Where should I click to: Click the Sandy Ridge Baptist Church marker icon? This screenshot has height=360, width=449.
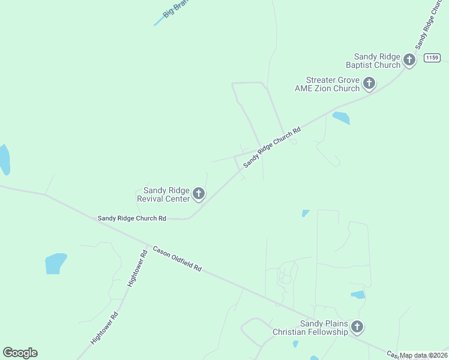(x=409, y=59)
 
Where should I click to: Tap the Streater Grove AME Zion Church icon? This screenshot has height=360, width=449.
(x=369, y=83)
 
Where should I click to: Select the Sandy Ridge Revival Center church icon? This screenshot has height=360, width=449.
(x=199, y=193)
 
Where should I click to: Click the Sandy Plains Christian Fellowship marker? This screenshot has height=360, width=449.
(x=357, y=327)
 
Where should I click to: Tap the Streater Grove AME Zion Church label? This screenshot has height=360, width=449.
(x=327, y=84)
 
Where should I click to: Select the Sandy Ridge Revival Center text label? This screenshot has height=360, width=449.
(x=163, y=194)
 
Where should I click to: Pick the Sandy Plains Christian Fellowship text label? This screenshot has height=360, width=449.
(x=310, y=328)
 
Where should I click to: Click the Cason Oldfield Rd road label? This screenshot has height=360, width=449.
(x=176, y=257)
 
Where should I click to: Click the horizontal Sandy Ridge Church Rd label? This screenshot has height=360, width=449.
(x=131, y=218)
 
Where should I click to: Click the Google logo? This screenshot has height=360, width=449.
(x=20, y=353)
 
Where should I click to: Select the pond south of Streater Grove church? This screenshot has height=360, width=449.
(x=341, y=118)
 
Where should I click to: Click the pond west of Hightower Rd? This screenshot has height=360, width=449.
(x=55, y=263)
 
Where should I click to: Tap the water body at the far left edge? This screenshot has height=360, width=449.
(x=4, y=160)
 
